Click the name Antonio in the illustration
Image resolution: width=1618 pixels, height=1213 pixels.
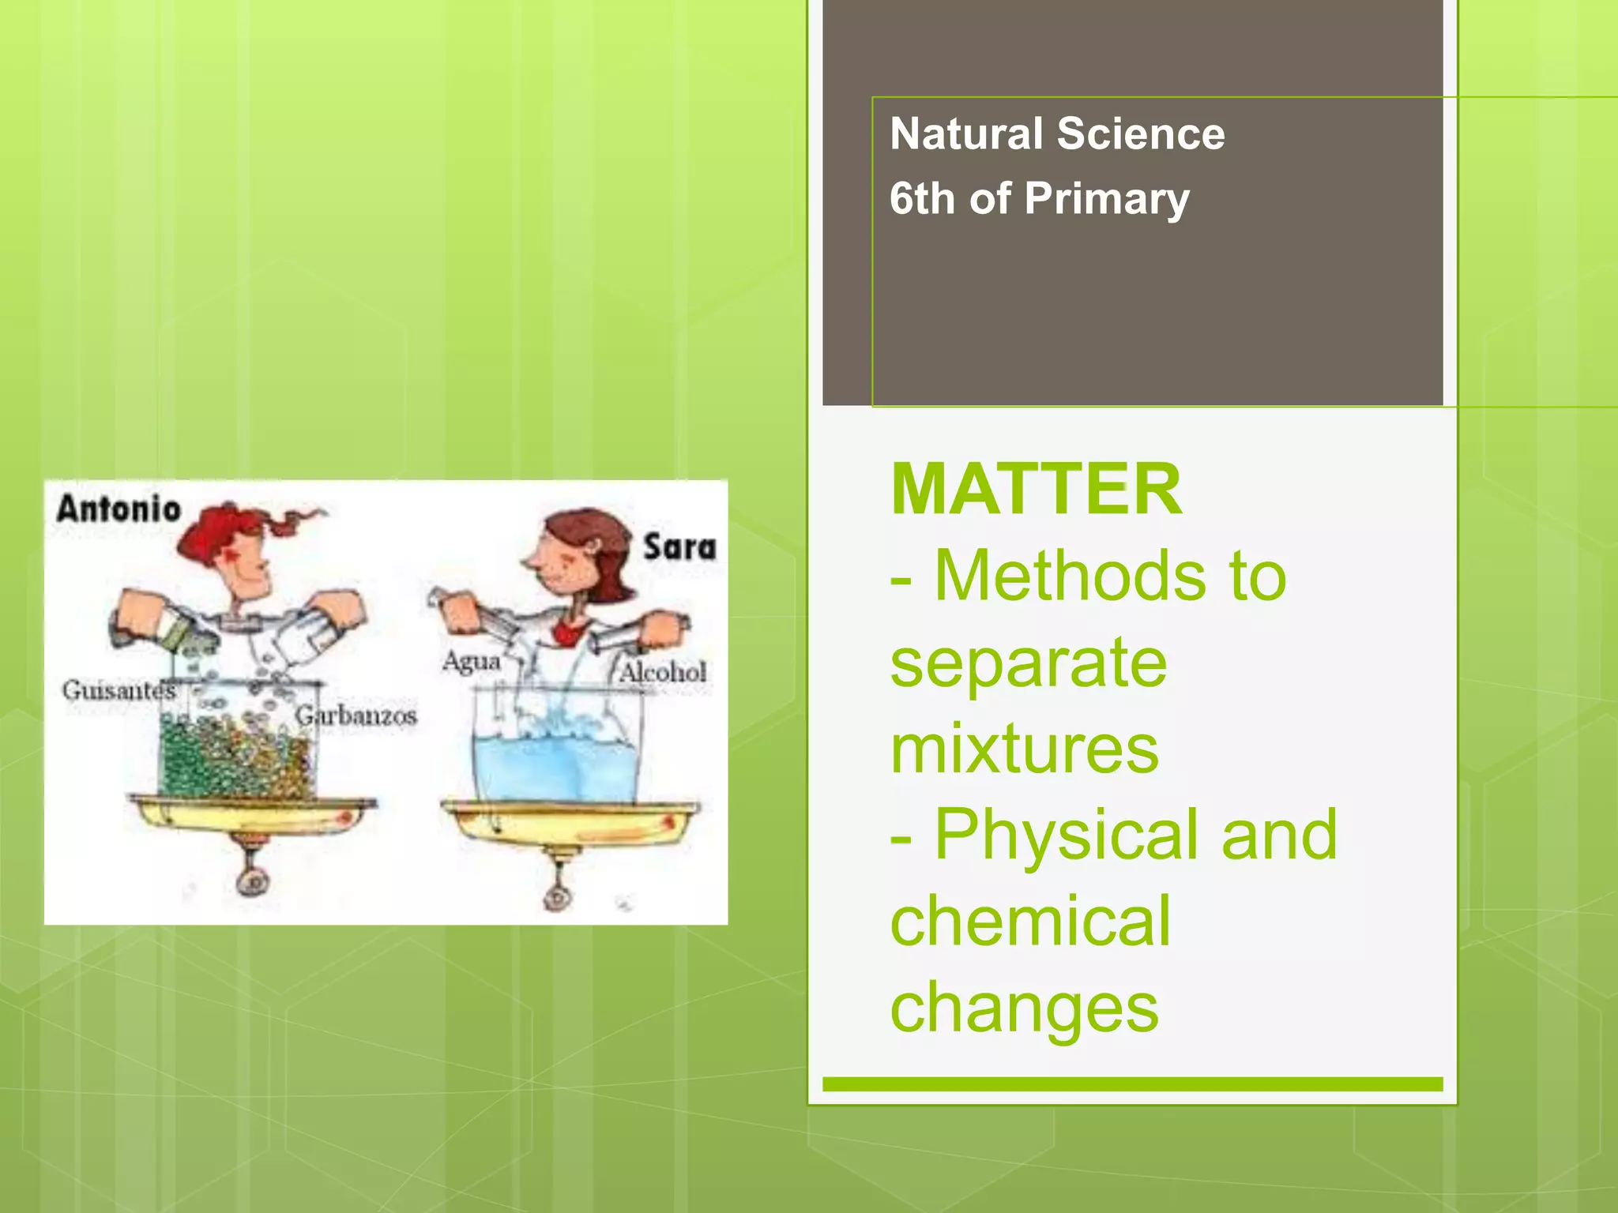coord(119,508)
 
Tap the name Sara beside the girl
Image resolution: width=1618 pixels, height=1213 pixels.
coord(679,547)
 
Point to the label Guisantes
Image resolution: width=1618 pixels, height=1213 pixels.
coord(119,690)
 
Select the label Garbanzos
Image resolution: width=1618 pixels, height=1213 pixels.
coord(356,716)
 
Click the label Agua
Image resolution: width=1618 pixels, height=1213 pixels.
coord(471,661)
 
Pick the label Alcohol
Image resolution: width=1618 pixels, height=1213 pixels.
coord(662,673)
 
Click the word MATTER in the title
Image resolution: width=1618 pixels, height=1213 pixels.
coord(1036,490)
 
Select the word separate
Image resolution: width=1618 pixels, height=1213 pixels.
coord(1028,663)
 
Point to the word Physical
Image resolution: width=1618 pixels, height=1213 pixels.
coord(1070,835)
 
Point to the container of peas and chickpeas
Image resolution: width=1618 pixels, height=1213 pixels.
coord(237,754)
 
